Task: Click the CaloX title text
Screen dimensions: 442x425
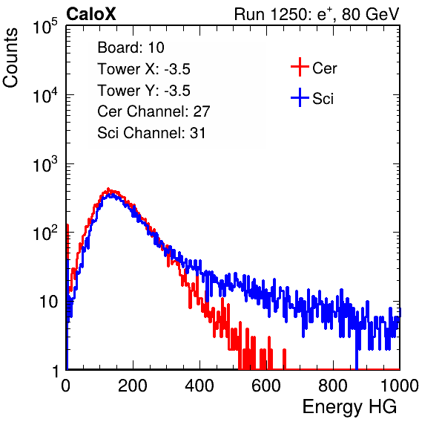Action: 91,14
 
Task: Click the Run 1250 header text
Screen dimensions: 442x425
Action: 317,14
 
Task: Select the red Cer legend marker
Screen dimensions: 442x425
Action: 300,67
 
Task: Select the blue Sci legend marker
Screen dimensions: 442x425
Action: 300,97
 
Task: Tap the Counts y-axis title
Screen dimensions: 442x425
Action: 10,57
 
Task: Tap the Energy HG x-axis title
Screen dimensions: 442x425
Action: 349,407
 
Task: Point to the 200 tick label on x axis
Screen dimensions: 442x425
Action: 133,386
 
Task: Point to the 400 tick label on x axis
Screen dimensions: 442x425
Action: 199,386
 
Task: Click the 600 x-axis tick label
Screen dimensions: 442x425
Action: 266,386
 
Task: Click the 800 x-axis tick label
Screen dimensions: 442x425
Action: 333,386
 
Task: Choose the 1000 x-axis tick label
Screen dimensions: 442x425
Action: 400,386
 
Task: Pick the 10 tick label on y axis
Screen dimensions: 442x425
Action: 48,302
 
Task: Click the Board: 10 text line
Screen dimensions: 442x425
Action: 131,48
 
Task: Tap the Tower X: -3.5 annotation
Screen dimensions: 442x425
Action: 144,69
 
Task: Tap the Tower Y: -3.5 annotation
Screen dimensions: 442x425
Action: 144,91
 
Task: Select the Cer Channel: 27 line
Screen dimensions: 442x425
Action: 154,111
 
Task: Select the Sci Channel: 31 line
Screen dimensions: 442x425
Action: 151,133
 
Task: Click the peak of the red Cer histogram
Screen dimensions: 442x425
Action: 108,189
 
